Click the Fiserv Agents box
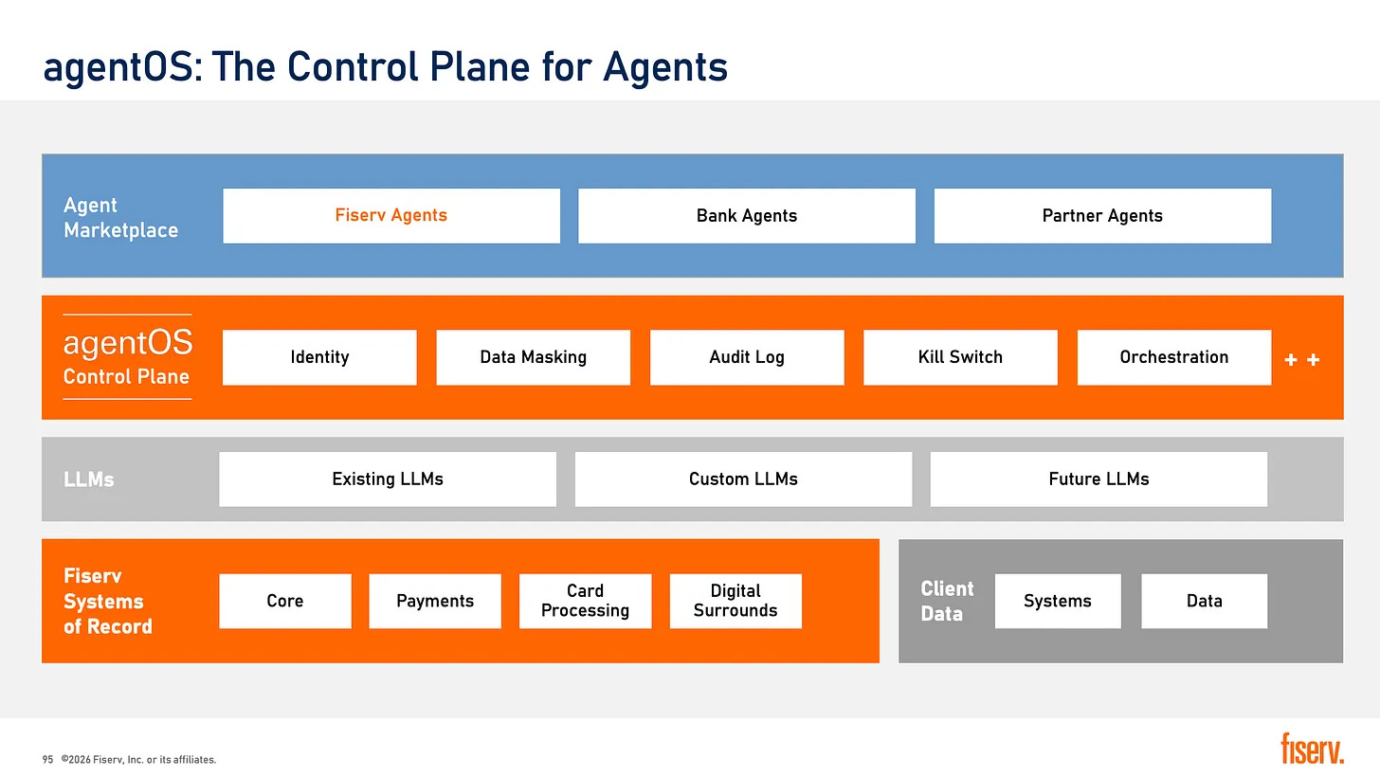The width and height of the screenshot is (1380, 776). pyautogui.click(x=391, y=216)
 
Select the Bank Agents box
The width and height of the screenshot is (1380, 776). pyautogui.click(x=747, y=216)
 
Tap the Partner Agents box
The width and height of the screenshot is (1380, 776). pyautogui.click(x=1102, y=216)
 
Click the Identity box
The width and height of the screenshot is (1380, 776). pyautogui.click(x=319, y=357)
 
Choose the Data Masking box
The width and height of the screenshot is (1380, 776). pyautogui.click(x=533, y=357)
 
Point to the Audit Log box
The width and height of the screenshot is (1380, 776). pyautogui.click(x=747, y=357)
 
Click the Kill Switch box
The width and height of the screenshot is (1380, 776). pyautogui.click(x=960, y=357)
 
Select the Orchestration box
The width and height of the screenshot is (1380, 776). pyautogui.click(x=1174, y=357)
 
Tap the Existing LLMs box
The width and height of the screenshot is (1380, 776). pyautogui.click(x=388, y=479)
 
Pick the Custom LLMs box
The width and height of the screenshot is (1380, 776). pyautogui.click(x=744, y=479)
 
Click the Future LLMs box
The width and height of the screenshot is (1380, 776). pyautogui.click(x=1099, y=479)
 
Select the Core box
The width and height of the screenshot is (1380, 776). pyautogui.click(x=285, y=601)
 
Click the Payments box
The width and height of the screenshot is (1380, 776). pyautogui.click(x=435, y=601)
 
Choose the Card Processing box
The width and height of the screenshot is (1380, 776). pyautogui.click(x=586, y=601)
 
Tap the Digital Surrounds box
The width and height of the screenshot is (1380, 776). pyautogui.click(x=735, y=601)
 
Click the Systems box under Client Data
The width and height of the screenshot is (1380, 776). pyautogui.click(x=1058, y=601)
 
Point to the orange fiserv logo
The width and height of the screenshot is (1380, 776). pyautogui.click(x=1312, y=749)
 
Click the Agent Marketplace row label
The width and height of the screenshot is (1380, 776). pyautogui.click(x=120, y=217)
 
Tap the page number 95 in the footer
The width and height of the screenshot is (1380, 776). pyautogui.click(x=47, y=760)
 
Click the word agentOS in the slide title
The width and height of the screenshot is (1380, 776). pyautogui.click(x=118, y=67)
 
